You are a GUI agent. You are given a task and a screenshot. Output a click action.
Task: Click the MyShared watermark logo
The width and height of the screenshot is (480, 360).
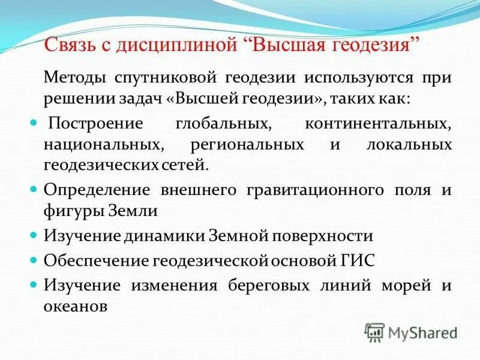[411, 332]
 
